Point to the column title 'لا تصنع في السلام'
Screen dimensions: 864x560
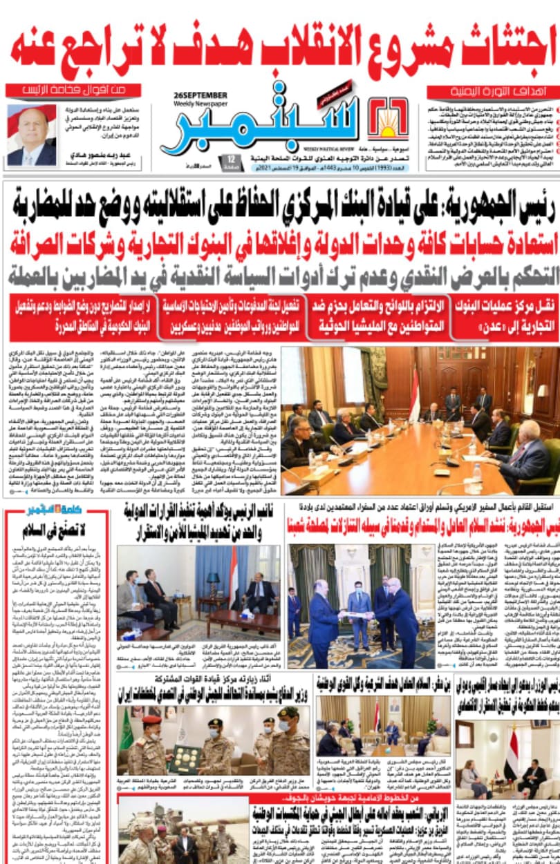click(56, 532)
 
